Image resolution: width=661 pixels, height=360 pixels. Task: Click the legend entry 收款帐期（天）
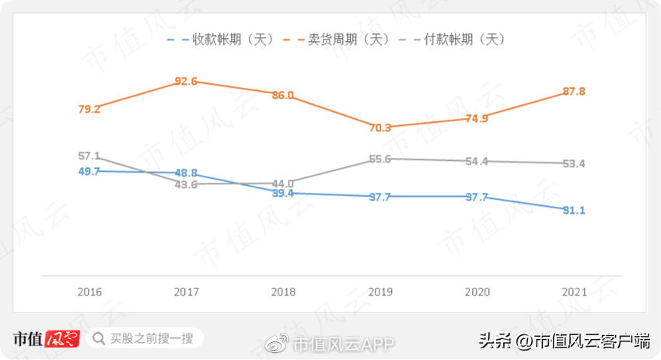click(x=233, y=40)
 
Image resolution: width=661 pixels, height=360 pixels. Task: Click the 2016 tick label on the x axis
click(x=89, y=292)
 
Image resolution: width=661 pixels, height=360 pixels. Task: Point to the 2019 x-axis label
click(x=379, y=292)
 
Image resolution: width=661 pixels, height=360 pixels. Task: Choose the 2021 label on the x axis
click(x=574, y=292)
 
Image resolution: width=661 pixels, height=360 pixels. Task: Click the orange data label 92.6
click(x=186, y=81)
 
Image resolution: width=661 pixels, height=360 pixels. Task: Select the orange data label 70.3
click(x=379, y=128)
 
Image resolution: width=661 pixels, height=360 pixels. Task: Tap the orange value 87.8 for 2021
click(x=574, y=92)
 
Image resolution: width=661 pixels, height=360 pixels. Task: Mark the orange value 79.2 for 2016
click(x=89, y=110)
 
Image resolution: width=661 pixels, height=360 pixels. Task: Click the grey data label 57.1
click(x=89, y=156)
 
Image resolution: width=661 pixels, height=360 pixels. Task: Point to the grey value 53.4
click(x=574, y=164)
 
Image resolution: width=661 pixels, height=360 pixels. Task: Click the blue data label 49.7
click(x=89, y=171)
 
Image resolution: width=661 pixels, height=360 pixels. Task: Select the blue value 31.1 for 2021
click(x=574, y=211)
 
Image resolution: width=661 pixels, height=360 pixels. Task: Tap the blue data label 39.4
click(x=283, y=194)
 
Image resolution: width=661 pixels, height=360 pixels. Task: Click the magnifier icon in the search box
click(x=99, y=338)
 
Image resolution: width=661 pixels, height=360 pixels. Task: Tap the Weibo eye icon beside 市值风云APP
click(x=278, y=342)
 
